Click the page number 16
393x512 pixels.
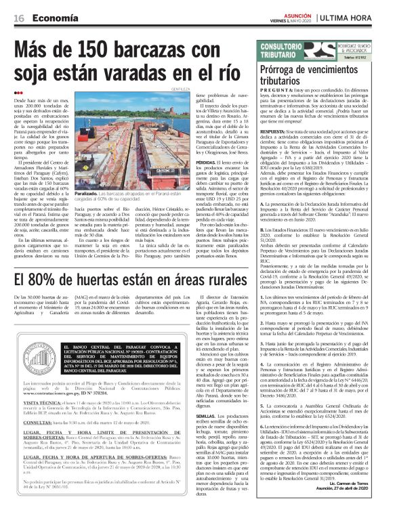18,18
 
